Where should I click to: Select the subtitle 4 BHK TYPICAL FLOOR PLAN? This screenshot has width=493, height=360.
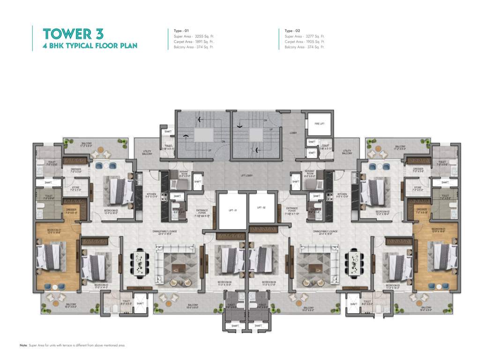click(x=90, y=46)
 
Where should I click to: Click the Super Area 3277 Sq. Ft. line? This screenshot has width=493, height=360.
click(x=305, y=36)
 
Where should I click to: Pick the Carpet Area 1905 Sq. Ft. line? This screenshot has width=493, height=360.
click(x=305, y=41)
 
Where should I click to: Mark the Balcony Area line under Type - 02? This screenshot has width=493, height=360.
click(x=305, y=47)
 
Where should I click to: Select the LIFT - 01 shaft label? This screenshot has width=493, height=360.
click(x=232, y=210)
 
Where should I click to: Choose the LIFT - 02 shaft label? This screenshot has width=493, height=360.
click(x=261, y=207)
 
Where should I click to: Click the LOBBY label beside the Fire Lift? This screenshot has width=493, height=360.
click(x=293, y=133)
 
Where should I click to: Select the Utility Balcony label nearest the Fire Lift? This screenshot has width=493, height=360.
click(x=347, y=152)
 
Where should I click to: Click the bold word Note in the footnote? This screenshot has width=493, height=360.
click(x=23, y=345)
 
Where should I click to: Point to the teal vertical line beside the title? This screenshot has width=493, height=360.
click(x=32, y=38)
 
